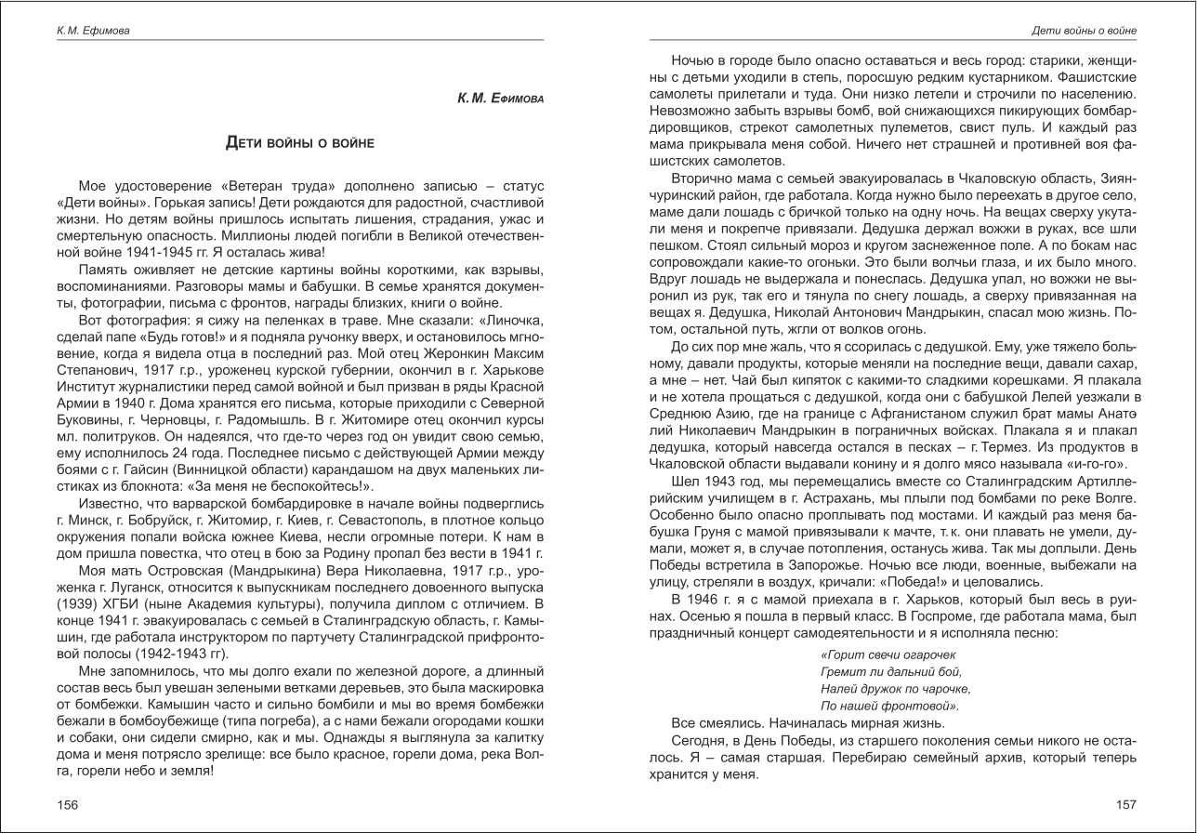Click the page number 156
click(x=68, y=805)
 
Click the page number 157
click(x=1125, y=805)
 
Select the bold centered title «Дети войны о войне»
click(x=300, y=142)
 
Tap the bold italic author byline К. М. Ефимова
click(x=500, y=98)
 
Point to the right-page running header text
click(x=1084, y=31)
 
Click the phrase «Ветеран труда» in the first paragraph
click(x=268, y=187)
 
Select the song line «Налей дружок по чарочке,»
click(x=895, y=689)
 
